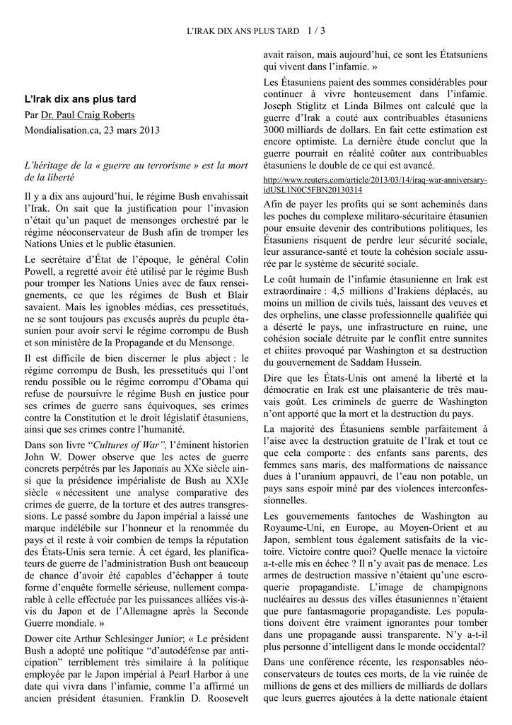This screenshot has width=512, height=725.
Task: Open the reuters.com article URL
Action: coord(375,185)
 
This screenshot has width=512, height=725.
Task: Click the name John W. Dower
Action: coord(59,457)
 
